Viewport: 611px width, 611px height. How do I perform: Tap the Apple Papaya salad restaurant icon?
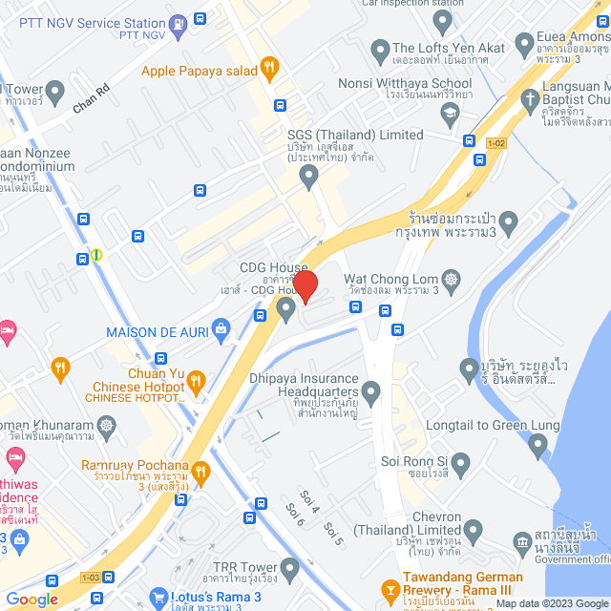(270, 68)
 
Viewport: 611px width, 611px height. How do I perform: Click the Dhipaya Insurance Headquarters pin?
(371, 391)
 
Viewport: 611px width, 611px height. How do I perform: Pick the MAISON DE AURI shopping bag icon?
(221, 331)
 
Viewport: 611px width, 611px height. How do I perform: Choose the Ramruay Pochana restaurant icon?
(200, 471)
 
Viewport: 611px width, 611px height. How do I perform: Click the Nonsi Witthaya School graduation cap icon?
(449, 112)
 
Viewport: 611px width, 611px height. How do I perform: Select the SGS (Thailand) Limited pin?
(308, 175)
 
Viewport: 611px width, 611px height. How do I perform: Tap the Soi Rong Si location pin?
(461, 465)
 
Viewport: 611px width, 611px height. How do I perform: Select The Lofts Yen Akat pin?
(380, 49)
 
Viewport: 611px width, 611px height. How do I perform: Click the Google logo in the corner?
(32, 599)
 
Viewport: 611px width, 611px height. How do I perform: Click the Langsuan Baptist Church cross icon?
(530, 97)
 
